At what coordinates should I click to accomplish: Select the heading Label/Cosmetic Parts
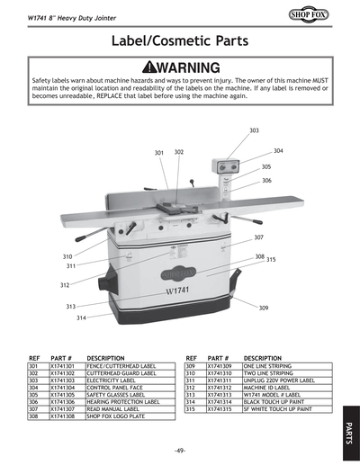click(x=179, y=41)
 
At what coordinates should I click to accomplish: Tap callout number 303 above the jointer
click(x=254, y=131)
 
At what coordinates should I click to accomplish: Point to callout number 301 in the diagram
click(x=159, y=153)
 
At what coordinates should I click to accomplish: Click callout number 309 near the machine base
click(x=264, y=309)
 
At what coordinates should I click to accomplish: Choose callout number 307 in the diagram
click(x=258, y=237)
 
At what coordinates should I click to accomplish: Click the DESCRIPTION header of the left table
click(x=105, y=358)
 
